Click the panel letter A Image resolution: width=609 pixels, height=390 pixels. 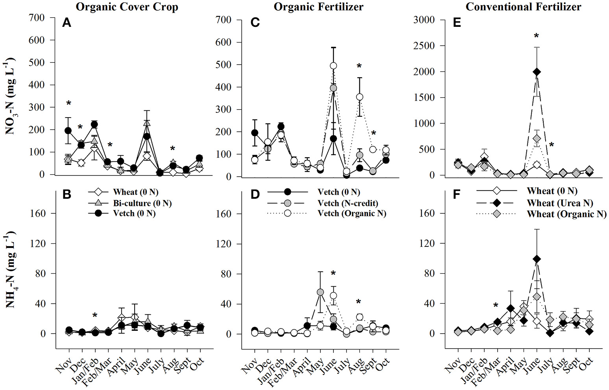(x=67, y=23)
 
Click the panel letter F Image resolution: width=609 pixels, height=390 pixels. (x=457, y=194)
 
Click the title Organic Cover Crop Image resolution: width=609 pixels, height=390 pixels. (x=127, y=7)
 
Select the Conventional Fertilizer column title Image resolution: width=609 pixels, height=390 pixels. (x=523, y=7)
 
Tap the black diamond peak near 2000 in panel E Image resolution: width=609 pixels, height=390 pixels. (x=537, y=72)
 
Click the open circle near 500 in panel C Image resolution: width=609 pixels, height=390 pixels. (x=333, y=66)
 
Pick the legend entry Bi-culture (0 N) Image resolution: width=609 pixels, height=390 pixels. (x=142, y=203)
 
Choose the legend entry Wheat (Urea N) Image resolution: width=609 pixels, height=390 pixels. (x=559, y=203)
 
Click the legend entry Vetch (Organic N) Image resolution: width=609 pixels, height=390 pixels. (x=352, y=213)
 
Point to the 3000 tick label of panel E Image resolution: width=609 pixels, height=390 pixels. (x=424, y=20)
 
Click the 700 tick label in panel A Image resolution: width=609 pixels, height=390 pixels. (x=37, y=18)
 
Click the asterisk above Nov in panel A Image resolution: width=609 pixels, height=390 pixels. (x=68, y=104)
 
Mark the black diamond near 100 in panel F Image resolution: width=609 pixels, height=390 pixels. (x=537, y=259)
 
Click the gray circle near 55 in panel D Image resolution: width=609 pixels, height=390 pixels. (x=320, y=292)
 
